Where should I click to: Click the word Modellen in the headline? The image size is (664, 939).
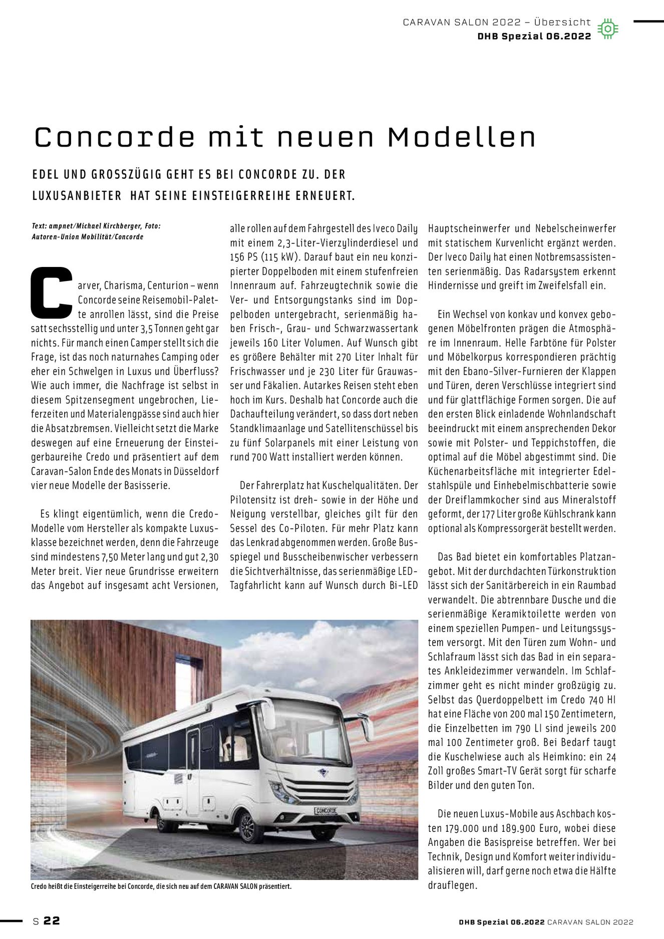tap(461, 138)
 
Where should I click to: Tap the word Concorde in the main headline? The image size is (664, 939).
tap(114, 138)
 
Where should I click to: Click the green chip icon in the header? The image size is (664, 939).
tap(607, 29)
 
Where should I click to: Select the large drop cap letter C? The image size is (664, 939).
tap(52, 293)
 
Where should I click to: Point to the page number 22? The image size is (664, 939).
tap(52, 920)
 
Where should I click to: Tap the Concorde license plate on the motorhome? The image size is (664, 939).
tap(325, 810)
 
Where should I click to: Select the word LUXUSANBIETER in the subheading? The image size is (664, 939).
tap(77, 196)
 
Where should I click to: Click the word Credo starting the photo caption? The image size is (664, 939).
tap(38, 886)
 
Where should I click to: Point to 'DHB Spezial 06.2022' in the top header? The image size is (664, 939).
tap(534, 36)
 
